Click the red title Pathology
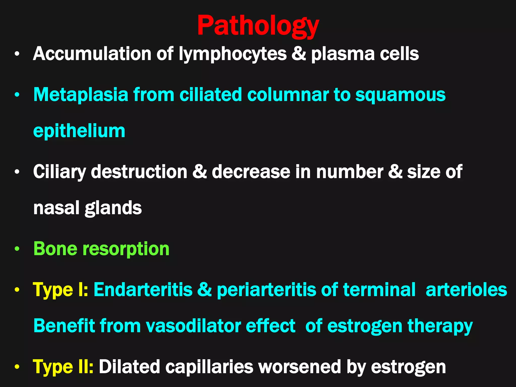[258, 26]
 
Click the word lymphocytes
[233, 54]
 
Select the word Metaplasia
[81, 95]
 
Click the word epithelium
[79, 131]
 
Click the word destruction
[139, 172]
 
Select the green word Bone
[55, 249]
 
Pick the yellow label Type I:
[60, 290]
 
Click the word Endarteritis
[143, 290]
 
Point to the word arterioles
[466, 290]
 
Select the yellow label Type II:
[63, 367]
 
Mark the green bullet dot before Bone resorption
[17, 249]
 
